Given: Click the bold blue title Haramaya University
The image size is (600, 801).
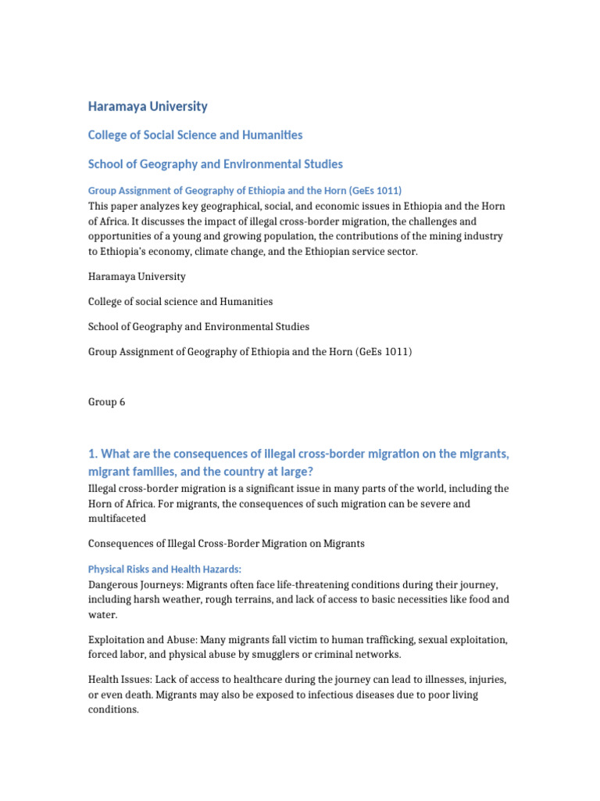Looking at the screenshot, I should (x=148, y=106).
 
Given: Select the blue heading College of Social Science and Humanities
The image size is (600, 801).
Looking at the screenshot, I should (x=195, y=135).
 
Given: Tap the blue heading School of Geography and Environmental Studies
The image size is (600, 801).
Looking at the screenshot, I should (x=215, y=164).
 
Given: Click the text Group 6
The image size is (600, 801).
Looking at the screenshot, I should (x=106, y=402).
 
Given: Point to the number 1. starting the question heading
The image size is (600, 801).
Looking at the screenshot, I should (x=93, y=454).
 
